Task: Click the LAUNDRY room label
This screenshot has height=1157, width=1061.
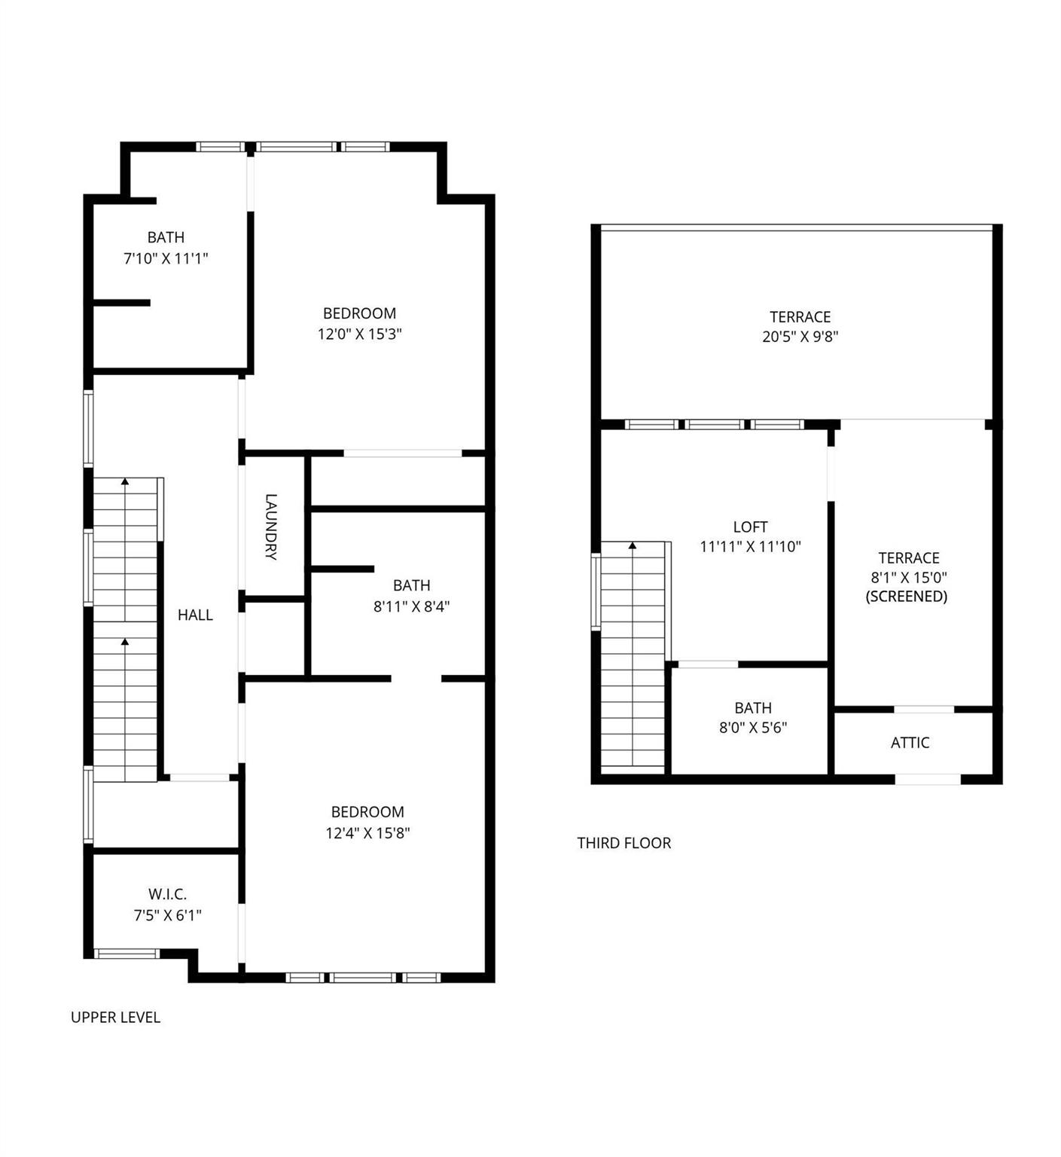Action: pyautogui.click(x=271, y=527)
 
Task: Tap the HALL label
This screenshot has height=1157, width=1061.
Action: pyautogui.click(x=195, y=615)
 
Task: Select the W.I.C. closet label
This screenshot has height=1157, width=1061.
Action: pyautogui.click(x=167, y=895)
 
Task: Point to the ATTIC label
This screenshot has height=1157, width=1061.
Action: pyautogui.click(x=910, y=743)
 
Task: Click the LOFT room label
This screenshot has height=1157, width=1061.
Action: pyautogui.click(x=750, y=527)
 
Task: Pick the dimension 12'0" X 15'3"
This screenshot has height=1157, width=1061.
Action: pyautogui.click(x=359, y=334)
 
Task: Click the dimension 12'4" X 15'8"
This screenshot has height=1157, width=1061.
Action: pyautogui.click(x=367, y=833)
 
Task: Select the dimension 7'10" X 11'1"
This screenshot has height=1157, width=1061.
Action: pyautogui.click(x=166, y=258)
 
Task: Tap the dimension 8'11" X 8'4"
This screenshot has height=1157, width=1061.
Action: pyautogui.click(x=411, y=606)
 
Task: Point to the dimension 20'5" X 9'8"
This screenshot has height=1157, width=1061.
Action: pyautogui.click(x=800, y=337)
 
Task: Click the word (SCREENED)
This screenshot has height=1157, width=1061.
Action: pyautogui.click(x=906, y=597)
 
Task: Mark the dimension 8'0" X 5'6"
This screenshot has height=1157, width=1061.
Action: pyautogui.click(x=753, y=728)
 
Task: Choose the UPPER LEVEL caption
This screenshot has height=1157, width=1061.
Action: pyautogui.click(x=115, y=1018)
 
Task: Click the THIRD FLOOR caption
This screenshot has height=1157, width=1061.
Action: pyautogui.click(x=623, y=843)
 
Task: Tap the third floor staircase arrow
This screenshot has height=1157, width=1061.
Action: pyautogui.click(x=633, y=545)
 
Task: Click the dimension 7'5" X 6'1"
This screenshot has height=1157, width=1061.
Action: pyautogui.click(x=167, y=915)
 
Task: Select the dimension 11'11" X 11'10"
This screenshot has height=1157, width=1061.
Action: pyautogui.click(x=750, y=547)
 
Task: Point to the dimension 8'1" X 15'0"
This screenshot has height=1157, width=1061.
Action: pyautogui.click(x=908, y=578)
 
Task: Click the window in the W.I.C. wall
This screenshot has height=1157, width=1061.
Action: pyautogui.click(x=127, y=954)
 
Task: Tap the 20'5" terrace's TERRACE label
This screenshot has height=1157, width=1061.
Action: pyautogui.click(x=800, y=317)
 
